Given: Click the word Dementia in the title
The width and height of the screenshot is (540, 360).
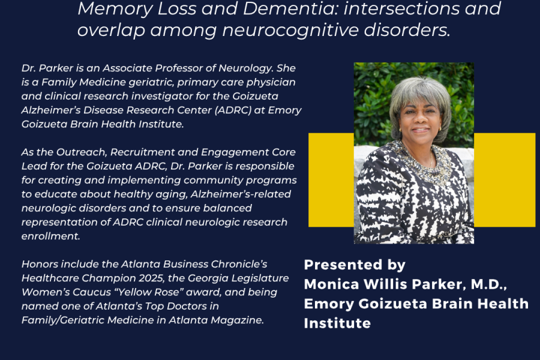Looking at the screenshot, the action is tap(290, 8).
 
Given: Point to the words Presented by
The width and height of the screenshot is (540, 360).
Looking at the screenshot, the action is tap(355, 265).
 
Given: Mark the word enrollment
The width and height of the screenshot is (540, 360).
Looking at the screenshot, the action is tap(50, 236).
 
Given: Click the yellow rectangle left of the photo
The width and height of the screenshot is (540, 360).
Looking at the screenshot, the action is tap(331, 180).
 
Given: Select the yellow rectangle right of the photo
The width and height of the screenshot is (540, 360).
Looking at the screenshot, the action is tap(505, 180).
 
